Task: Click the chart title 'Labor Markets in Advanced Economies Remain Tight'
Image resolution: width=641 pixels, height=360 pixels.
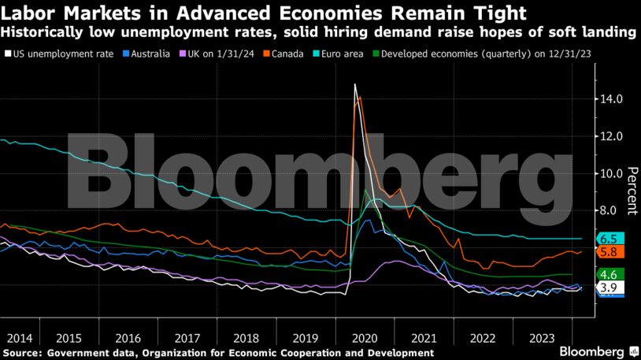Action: click(264, 13)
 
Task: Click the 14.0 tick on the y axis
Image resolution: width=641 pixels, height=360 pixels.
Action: click(612, 99)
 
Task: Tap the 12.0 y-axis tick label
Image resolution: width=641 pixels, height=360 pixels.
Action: click(612, 136)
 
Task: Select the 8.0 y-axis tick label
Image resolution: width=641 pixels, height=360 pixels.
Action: click(610, 210)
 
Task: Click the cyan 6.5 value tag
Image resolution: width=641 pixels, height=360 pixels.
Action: click(608, 239)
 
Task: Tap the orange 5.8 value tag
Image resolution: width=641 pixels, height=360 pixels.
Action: click(608, 252)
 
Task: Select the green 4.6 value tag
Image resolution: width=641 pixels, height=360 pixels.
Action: click(608, 274)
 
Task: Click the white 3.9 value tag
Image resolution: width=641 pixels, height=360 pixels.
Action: click(608, 288)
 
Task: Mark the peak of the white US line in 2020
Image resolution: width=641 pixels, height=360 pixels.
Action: click(355, 84)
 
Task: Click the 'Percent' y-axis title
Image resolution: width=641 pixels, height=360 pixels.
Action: click(632, 191)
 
